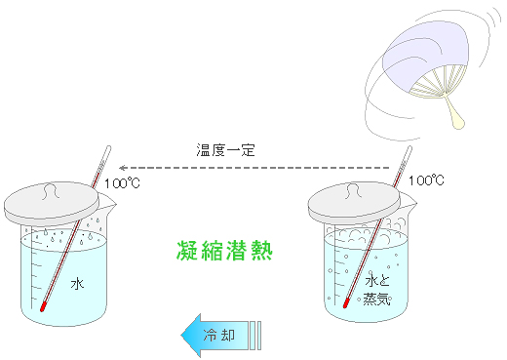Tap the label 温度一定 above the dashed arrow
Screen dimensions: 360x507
pos(226,150)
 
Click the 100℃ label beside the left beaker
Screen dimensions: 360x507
pos(123,182)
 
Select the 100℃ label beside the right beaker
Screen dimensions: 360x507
pos(426,180)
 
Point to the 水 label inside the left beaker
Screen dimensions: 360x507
pos(78,283)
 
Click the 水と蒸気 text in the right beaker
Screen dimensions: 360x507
pos(376,290)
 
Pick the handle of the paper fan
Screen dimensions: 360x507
pos(455,113)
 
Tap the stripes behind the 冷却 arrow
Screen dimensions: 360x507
pos(255,335)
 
